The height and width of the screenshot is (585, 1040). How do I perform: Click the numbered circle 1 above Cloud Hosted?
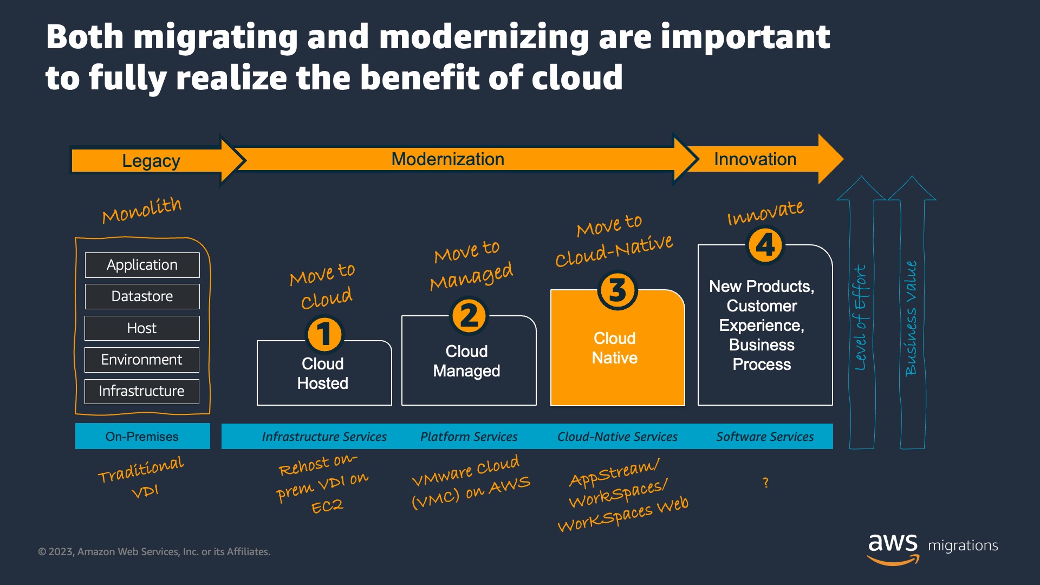(x=324, y=334)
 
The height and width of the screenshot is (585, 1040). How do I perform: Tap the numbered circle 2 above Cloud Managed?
(x=469, y=316)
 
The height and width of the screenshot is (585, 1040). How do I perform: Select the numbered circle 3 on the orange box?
(x=617, y=290)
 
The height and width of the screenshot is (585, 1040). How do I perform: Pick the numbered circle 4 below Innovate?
(x=765, y=245)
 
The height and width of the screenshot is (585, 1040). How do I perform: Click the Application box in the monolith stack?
(x=142, y=265)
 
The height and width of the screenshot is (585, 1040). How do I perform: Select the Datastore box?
(x=142, y=296)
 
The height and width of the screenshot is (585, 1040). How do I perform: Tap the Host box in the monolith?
(x=142, y=328)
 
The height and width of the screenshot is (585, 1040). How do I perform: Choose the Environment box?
(x=142, y=360)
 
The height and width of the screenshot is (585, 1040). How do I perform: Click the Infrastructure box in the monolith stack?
(x=142, y=391)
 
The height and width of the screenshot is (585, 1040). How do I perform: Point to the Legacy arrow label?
(x=151, y=161)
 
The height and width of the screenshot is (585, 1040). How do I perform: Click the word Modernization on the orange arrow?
(x=448, y=159)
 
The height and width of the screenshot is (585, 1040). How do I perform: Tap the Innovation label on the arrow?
(x=755, y=159)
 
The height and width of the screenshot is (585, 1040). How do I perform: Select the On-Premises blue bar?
(x=142, y=436)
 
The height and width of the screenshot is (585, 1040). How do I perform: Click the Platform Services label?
(x=469, y=437)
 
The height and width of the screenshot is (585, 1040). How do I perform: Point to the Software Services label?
(x=765, y=437)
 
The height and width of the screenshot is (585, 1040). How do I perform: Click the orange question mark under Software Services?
(x=765, y=483)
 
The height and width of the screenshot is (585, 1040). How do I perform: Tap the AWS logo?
(x=894, y=549)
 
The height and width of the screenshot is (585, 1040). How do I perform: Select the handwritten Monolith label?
(x=142, y=210)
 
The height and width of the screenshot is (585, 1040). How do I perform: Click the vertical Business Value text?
(x=911, y=318)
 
